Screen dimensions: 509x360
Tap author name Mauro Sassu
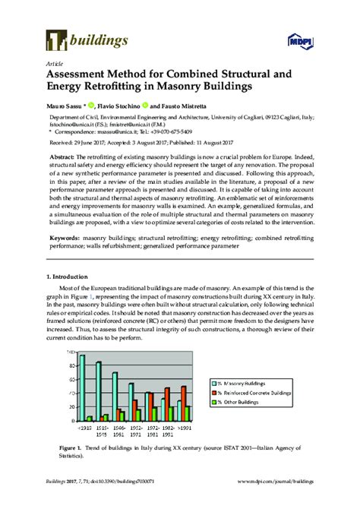(65, 107)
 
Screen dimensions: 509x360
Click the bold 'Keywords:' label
(66, 238)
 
